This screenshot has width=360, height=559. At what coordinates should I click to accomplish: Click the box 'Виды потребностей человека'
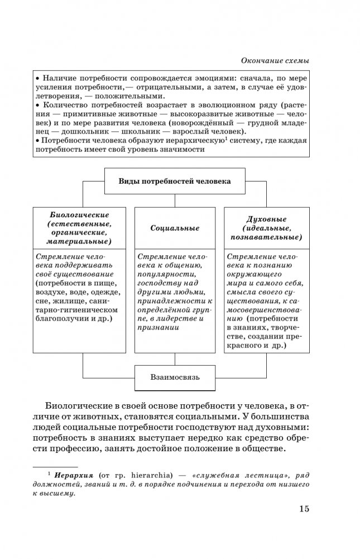click(x=174, y=181)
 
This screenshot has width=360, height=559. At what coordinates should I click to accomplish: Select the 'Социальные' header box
click(x=175, y=228)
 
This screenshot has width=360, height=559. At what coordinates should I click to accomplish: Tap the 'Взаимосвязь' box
click(x=175, y=377)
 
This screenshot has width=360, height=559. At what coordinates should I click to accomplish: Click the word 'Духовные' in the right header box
click(x=266, y=219)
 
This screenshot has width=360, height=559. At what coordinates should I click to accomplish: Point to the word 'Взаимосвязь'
click(x=175, y=377)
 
